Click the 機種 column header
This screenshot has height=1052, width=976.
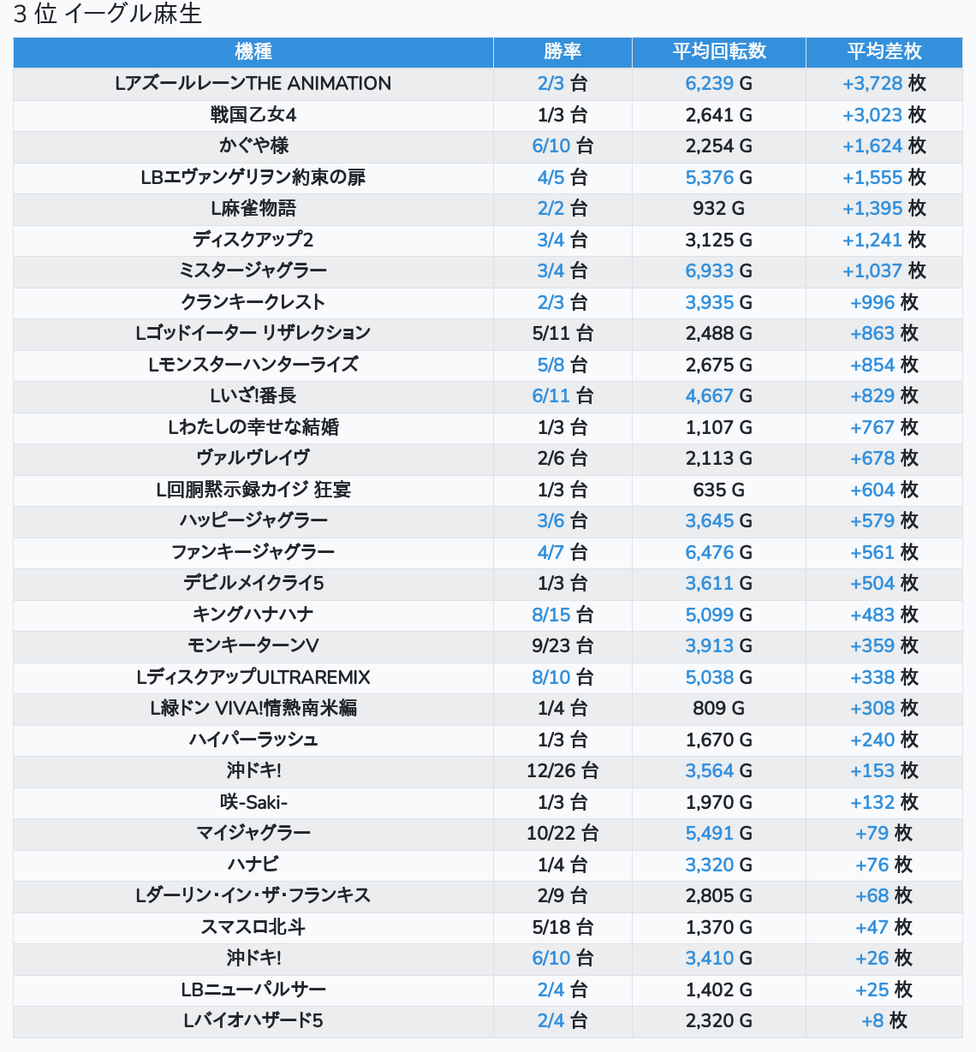(x=253, y=51)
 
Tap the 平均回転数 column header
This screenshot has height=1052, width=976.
(x=719, y=51)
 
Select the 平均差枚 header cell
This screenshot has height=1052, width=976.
(x=884, y=51)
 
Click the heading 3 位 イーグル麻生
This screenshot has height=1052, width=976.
(x=108, y=14)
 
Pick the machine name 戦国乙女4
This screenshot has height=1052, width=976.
(x=253, y=115)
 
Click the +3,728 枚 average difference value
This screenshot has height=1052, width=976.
(x=884, y=83)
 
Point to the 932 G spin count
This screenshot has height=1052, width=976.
(x=718, y=208)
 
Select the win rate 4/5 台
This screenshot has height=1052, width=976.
(x=562, y=177)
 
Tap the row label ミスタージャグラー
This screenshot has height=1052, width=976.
(x=253, y=270)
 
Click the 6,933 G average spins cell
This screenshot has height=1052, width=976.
(x=718, y=270)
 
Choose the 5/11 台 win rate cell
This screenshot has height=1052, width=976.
(x=562, y=333)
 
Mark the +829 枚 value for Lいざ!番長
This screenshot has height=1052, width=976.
(x=884, y=395)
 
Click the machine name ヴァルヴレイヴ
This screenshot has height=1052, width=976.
(x=253, y=458)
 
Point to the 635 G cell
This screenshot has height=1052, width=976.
(x=718, y=490)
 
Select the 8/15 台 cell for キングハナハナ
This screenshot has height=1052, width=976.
(x=562, y=615)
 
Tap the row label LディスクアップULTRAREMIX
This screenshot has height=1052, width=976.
(x=253, y=677)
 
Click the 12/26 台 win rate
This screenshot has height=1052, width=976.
(x=562, y=770)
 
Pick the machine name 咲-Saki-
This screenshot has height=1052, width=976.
(x=253, y=802)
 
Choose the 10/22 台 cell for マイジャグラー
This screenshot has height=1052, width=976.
(x=562, y=833)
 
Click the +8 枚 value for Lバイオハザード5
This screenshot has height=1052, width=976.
(x=884, y=1020)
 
